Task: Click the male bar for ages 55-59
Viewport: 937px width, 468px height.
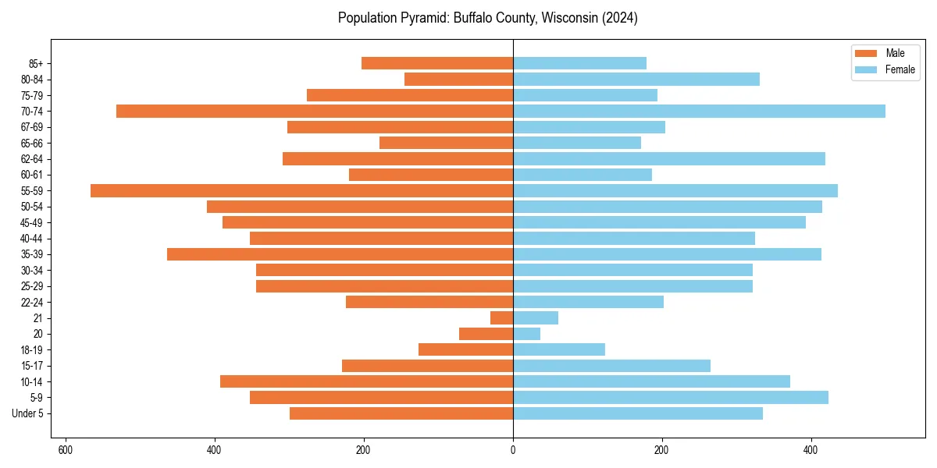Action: point(301,190)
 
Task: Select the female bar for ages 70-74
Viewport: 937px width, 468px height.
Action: point(699,111)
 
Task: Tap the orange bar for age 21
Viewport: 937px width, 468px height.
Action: point(501,317)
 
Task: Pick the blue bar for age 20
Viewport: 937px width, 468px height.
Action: point(526,334)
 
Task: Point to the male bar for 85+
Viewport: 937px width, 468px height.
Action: point(437,63)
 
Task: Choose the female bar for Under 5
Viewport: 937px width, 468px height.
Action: point(637,413)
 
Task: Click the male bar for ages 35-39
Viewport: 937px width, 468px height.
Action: point(340,254)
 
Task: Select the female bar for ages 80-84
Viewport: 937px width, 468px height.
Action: point(636,79)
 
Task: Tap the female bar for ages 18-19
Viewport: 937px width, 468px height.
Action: point(558,349)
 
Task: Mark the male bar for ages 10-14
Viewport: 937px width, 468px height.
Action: point(366,381)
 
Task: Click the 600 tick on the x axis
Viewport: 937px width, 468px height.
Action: point(66,450)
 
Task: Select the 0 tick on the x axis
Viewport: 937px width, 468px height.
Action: point(513,450)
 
